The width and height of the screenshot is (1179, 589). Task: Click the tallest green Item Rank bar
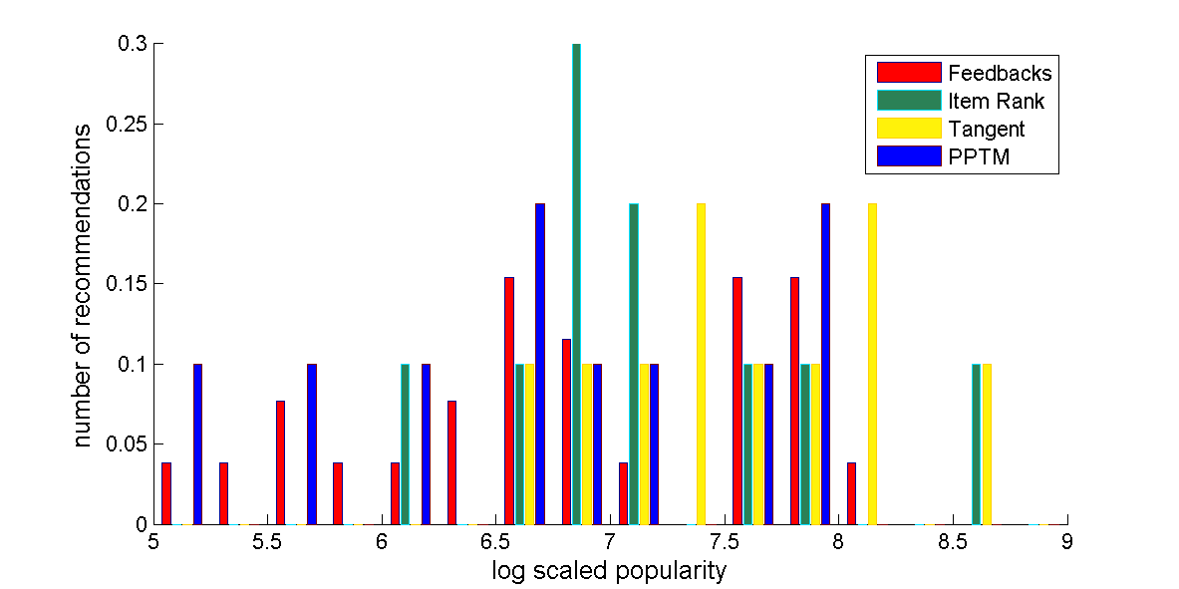(x=576, y=284)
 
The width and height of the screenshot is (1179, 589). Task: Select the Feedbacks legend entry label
(x=1000, y=73)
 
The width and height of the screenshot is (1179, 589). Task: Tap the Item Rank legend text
(x=996, y=101)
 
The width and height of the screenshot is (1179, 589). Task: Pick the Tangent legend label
(x=987, y=129)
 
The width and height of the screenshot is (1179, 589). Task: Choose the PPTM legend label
(x=980, y=156)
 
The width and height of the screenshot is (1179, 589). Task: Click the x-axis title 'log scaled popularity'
(x=609, y=571)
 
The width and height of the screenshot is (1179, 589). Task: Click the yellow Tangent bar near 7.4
(x=701, y=364)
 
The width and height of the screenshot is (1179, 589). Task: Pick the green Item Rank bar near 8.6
(x=977, y=443)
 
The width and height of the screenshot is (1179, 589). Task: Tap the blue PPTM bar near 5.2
(x=197, y=443)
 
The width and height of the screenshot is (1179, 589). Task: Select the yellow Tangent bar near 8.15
(x=872, y=364)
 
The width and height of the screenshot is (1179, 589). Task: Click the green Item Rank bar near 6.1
(x=405, y=443)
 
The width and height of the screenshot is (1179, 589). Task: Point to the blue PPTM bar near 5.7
(x=312, y=443)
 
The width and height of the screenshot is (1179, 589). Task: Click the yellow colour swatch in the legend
(x=909, y=129)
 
